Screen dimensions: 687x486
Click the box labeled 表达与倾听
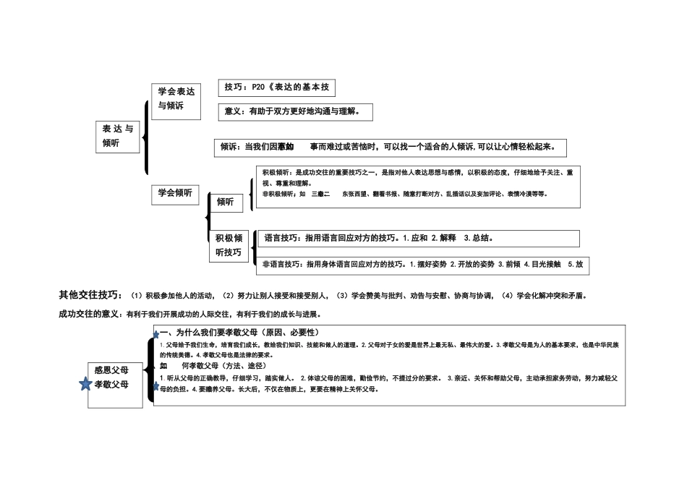coord(118,136)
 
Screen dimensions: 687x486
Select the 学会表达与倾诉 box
coord(176,99)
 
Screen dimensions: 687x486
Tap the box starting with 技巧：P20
coord(277,88)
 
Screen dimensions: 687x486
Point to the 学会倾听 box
coord(175,193)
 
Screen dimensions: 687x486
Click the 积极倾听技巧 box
coord(229,246)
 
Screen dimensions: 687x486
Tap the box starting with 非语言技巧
coord(422,265)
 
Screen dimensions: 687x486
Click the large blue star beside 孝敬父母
coord(85,384)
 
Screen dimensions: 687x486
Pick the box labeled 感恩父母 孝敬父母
coord(111,378)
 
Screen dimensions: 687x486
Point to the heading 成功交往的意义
coord(91,314)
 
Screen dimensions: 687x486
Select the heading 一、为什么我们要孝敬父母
coord(238,332)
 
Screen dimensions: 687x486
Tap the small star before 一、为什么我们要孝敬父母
coord(155,334)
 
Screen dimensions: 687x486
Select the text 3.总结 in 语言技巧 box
coord(479,238)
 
